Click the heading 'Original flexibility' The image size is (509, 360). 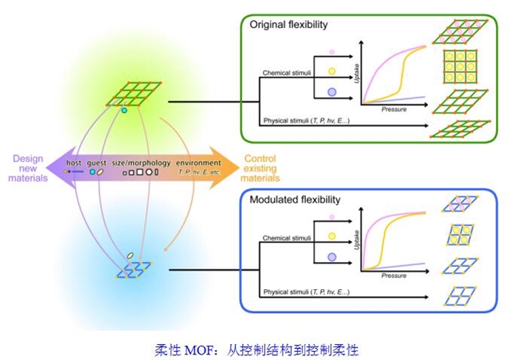click(288, 25)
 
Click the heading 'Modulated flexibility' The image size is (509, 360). click(295, 199)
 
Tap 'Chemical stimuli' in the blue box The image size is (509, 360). click(287, 237)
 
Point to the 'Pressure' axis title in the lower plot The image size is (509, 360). click(393, 275)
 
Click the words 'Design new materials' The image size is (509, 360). click(30, 168)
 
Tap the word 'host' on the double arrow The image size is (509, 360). click(74, 162)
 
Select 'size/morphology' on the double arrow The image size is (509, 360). click(143, 162)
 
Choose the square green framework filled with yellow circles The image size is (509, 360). click(457, 67)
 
